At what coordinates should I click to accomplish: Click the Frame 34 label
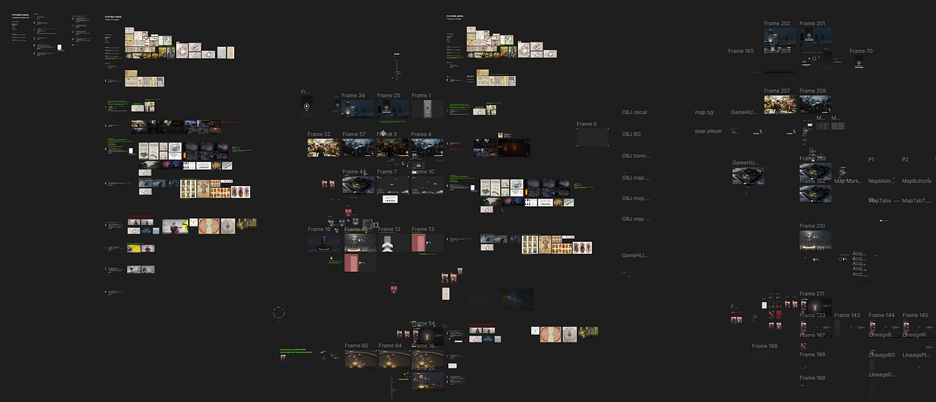click(x=353, y=96)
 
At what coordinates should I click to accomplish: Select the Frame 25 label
click(x=389, y=96)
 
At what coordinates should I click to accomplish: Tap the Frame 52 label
click(x=319, y=134)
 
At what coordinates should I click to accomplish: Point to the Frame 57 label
click(x=354, y=134)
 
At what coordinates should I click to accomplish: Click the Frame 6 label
click(x=586, y=124)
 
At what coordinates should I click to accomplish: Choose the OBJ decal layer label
click(x=634, y=113)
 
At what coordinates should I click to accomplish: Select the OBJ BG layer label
click(x=631, y=134)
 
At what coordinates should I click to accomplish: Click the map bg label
click(x=704, y=113)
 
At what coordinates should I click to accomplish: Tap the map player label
click(x=708, y=131)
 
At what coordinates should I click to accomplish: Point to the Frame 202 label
click(x=777, y=24)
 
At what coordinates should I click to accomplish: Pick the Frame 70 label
click(x=861, y=51)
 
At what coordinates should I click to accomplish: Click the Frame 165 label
click(x=740, y=51)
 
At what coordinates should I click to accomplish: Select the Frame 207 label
click(x=777, y=91)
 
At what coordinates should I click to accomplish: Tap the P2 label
click(x=905, y=159)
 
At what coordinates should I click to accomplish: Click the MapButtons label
click(x=916, y=181)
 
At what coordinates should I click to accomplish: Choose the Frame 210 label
click(x=812, y=227)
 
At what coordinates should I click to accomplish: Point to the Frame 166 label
click(x=765, y=346)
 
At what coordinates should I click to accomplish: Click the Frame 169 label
click(x=812, y=378)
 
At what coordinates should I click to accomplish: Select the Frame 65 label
click(x=356, y=346)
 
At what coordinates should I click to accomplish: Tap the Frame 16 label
click(x=319, y=229)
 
